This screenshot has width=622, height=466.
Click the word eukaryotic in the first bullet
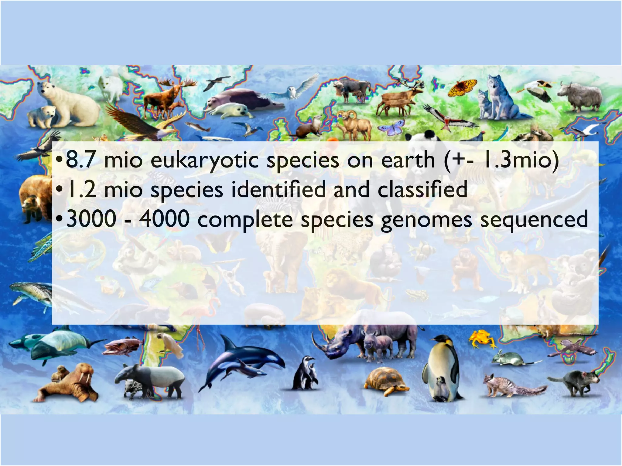pyautogui.click(x=204, y=160)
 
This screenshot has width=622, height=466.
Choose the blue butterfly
pyautogui.click(x=392, y=127)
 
